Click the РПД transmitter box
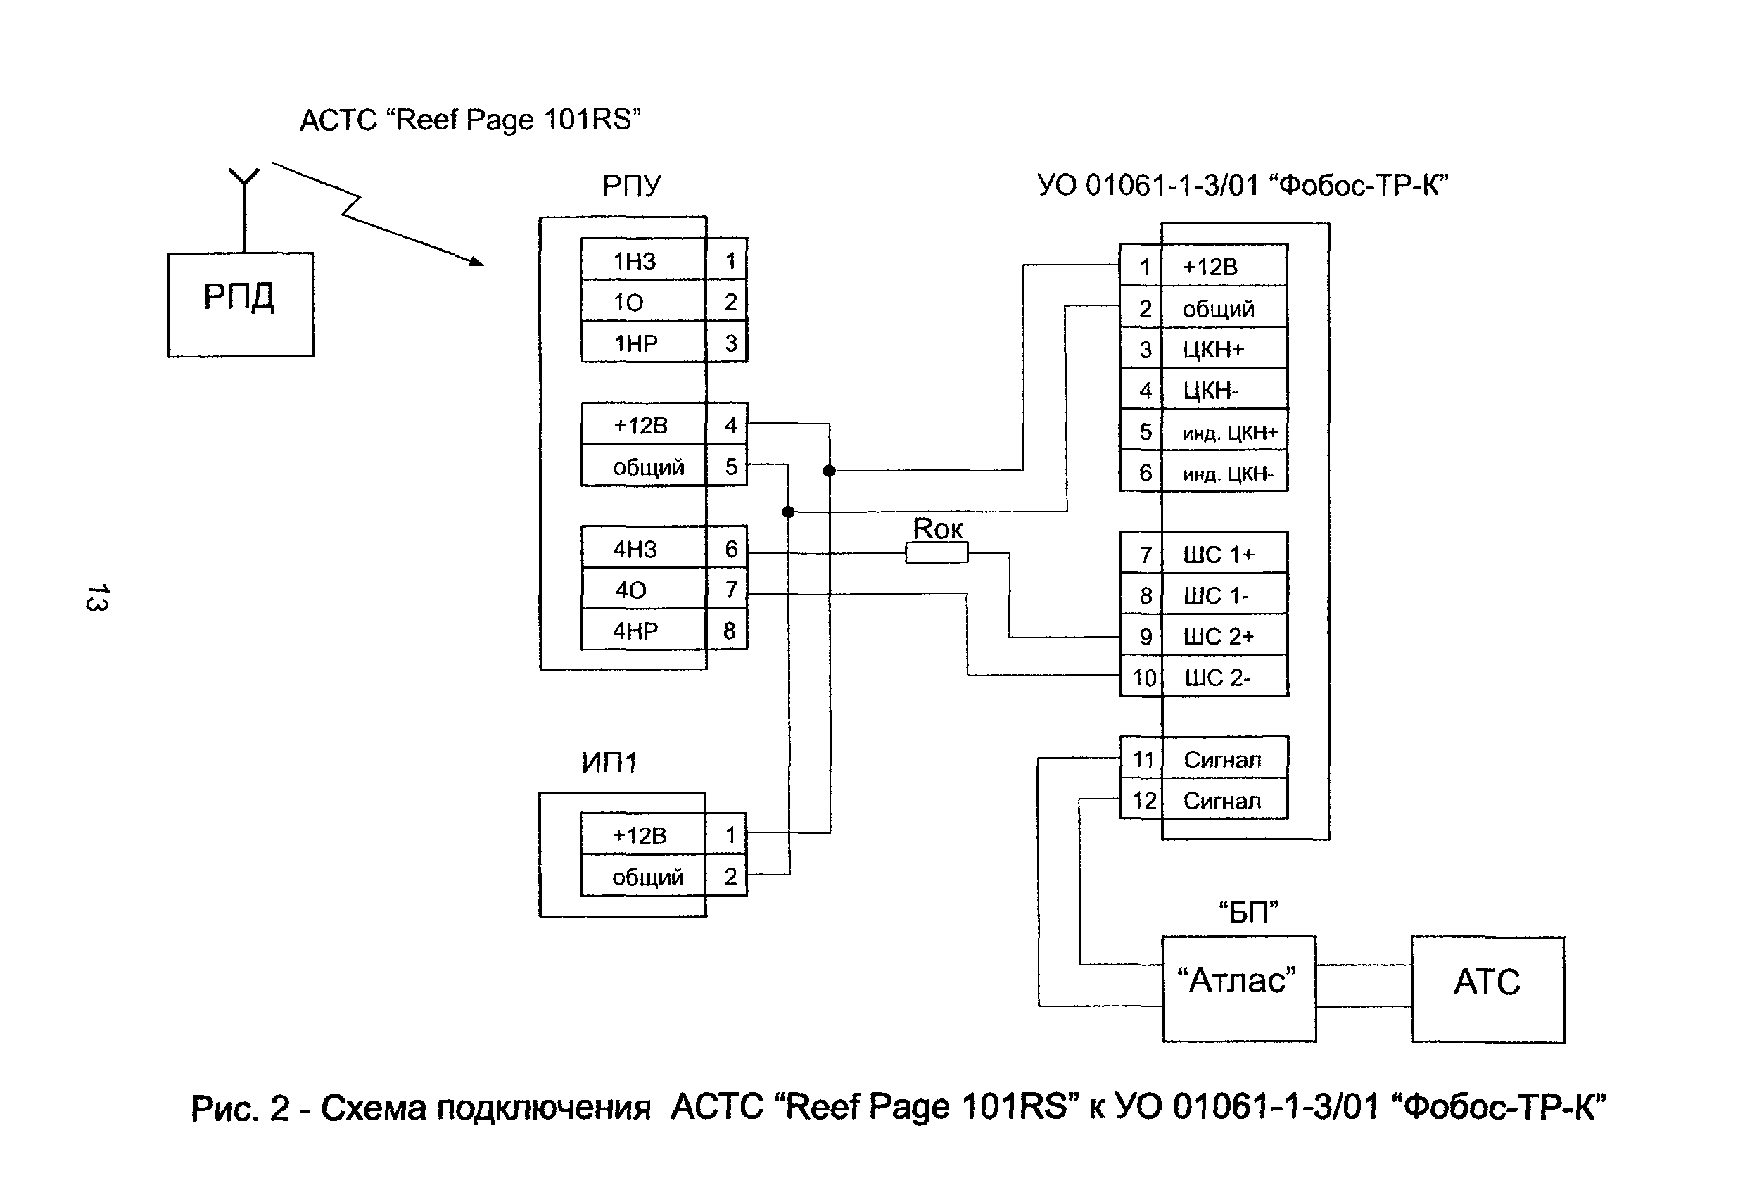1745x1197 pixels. coord(240,304)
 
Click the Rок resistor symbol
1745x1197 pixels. coord(937,553)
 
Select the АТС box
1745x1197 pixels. coord(1487,989)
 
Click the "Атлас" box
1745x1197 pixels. coord(1238,988)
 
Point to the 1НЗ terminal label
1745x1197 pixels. coord(635,261)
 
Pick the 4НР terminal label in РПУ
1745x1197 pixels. coord(635,631)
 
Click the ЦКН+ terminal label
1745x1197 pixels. coord(1213,350)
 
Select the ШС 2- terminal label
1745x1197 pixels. coord(1217,678)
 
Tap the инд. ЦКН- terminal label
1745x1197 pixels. coord(1228,474)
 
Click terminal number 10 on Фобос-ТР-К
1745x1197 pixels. coord(1143,678)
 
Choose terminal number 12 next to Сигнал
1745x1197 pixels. coord(1143,802)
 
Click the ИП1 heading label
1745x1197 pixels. coord(609,763)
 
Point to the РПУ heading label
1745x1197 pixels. coord(631,186)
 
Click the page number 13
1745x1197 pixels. coord(98,597)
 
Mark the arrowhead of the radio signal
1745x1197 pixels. coord(477,261)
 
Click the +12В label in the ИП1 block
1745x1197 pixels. coord(640,836)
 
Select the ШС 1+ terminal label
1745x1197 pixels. coord(1219,555)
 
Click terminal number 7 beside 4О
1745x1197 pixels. coord(730,590)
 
